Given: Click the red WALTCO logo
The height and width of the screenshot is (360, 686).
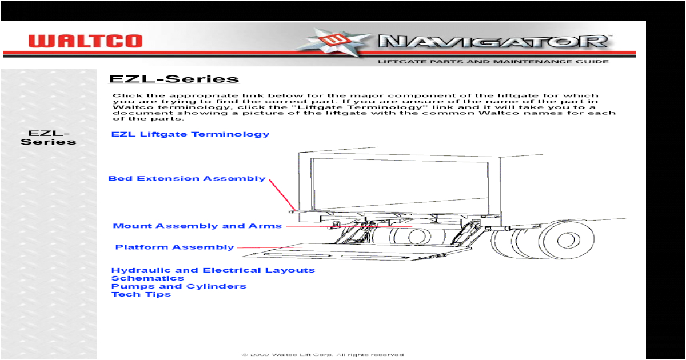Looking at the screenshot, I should [x=85, y=41].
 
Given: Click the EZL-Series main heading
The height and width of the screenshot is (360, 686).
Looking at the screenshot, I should [x=174, y=79].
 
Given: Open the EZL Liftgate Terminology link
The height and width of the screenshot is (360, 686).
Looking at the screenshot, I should [x=190, y=134].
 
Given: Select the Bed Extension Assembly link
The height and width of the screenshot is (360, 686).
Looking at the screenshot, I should [x=186, y=178].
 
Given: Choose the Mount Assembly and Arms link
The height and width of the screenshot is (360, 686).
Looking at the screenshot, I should [x=197, y=226].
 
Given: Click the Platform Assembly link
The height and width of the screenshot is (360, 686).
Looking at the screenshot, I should [x=174, y=247].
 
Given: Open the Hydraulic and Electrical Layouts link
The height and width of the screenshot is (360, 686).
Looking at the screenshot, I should [x=213, y=270].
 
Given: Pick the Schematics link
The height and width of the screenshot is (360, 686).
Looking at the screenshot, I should [x=147, y=278].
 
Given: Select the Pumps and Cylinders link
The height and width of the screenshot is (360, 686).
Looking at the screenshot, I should [x=178, y=286].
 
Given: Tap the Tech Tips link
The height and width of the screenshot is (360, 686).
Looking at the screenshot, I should [x=141, y=294].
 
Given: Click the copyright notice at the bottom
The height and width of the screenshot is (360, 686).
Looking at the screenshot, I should [x=322, y=355].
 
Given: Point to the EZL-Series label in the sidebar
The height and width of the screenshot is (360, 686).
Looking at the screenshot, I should [x=49, y=137].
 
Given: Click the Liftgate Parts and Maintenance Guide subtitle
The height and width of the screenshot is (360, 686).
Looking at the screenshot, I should [x=493, y=62].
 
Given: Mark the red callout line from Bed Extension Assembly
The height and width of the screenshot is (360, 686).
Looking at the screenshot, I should [x=281, y=194].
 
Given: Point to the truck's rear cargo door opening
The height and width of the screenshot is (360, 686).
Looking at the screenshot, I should [x=400, y=183].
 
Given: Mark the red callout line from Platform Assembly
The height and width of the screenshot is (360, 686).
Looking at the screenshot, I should [x=269, y=247].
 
